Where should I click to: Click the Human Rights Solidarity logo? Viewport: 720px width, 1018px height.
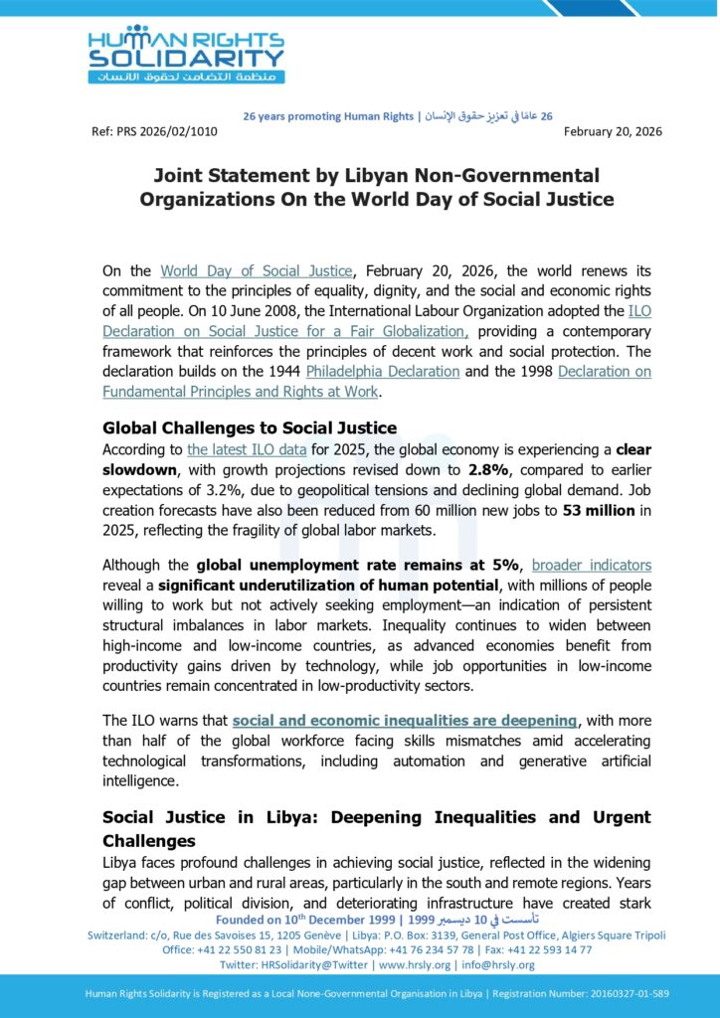point(186,54)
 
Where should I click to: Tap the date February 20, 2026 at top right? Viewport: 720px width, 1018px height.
point(613,131)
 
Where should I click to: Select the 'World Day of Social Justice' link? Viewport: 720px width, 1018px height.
point(257,270)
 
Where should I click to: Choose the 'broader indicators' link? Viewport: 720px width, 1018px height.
point(592,565)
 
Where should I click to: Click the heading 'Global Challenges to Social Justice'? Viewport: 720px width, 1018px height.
point(250,428)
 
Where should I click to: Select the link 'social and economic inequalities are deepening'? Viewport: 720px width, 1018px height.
point(404,720)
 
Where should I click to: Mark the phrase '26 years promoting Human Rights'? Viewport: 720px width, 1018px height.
point(328,116)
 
